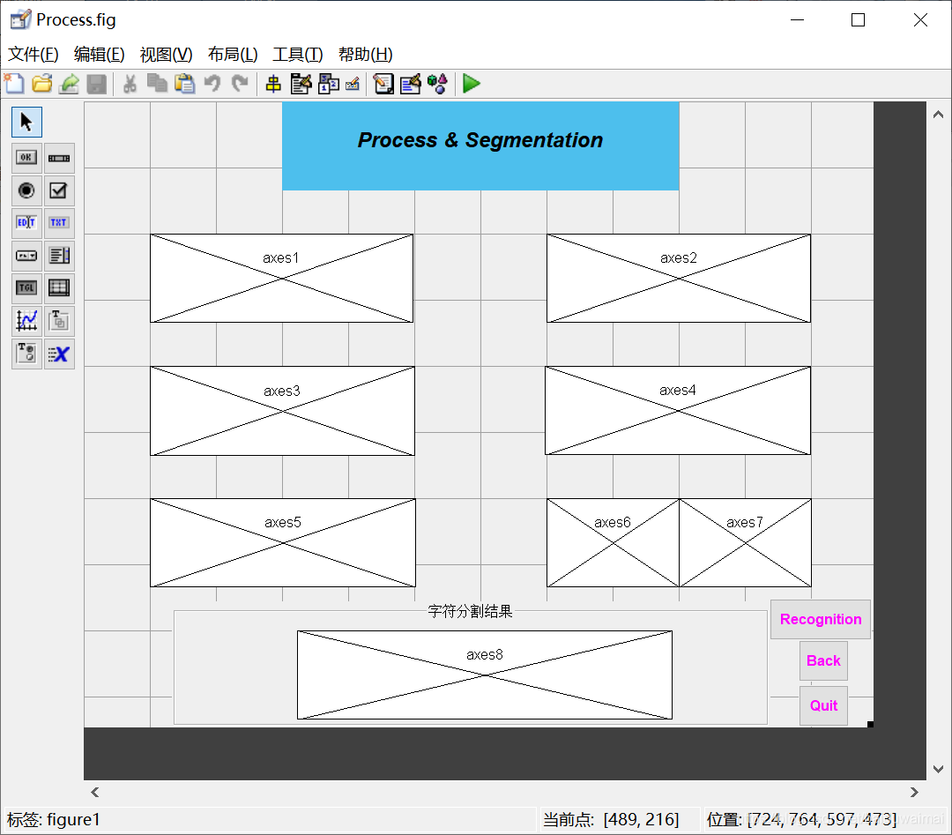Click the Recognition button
coord(820,619)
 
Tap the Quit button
coord(823,705)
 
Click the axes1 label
coord(281,258)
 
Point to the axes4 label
coord(677,391)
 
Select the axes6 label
coord(612,523)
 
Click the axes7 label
coord(744,523)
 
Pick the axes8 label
coord(484,655)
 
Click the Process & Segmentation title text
coord(480,140)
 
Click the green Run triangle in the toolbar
coord(472,84)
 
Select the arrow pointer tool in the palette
coord(26,122)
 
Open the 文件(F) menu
coord(33,55)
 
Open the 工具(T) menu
coord(298,55)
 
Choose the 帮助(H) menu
coord(365,55)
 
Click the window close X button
coord(920,20)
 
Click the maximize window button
coord(858,20)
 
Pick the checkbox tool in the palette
coord(59,190)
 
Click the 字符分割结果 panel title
coord(470,611)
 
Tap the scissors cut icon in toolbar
coord(130,84)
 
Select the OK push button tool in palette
coord(26,158)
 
